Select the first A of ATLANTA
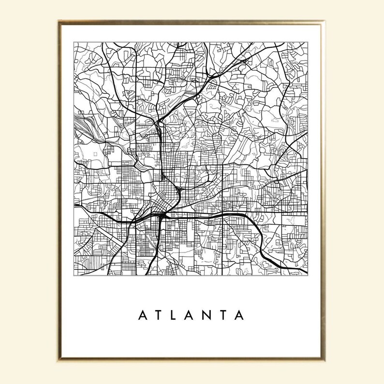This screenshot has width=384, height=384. pyautogui.click(x=144, y=316)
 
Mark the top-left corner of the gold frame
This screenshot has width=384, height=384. pyautogui.click(x=60, y=22)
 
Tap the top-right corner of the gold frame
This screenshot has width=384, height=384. pyautogui.click(x=323, y=22)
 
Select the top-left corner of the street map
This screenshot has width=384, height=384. pyautogui.click(x=74, y=42)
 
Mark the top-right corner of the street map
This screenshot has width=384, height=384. pyautogui.click(x=308, y=42)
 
